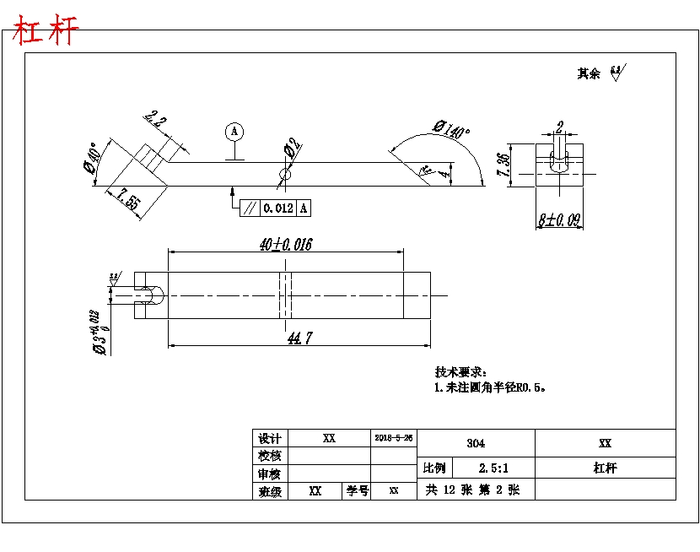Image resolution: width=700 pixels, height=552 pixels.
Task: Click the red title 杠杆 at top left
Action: (46, 31)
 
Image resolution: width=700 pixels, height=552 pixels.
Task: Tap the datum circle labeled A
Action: (235, 132)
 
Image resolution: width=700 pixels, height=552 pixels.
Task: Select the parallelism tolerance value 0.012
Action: (278, 208)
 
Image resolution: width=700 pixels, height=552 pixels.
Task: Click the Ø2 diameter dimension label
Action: (293, 149)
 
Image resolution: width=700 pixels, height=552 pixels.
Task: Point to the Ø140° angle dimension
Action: (451, 130)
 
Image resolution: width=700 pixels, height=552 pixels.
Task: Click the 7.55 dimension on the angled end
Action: (128, 200)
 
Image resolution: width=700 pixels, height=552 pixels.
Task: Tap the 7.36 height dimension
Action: (503, 165)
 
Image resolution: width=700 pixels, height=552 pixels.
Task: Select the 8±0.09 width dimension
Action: (559, 221)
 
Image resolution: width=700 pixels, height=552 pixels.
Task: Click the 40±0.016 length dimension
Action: (286, 245)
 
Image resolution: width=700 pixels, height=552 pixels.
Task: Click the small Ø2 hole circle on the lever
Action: (285, 175)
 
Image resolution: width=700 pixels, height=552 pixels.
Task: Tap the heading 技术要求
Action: (460, 372)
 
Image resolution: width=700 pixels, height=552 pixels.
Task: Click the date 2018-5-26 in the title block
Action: (394, 438)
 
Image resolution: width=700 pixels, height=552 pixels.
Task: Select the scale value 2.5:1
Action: (493, 468)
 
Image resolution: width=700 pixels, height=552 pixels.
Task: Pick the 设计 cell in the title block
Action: (270, 438)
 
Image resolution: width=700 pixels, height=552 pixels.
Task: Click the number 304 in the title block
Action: (476, 442)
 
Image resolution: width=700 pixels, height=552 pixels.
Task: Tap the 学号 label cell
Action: (358, 490)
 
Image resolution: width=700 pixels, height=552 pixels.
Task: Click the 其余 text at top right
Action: (589, 73)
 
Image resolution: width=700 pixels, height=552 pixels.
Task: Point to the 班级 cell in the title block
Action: (270, 490)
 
